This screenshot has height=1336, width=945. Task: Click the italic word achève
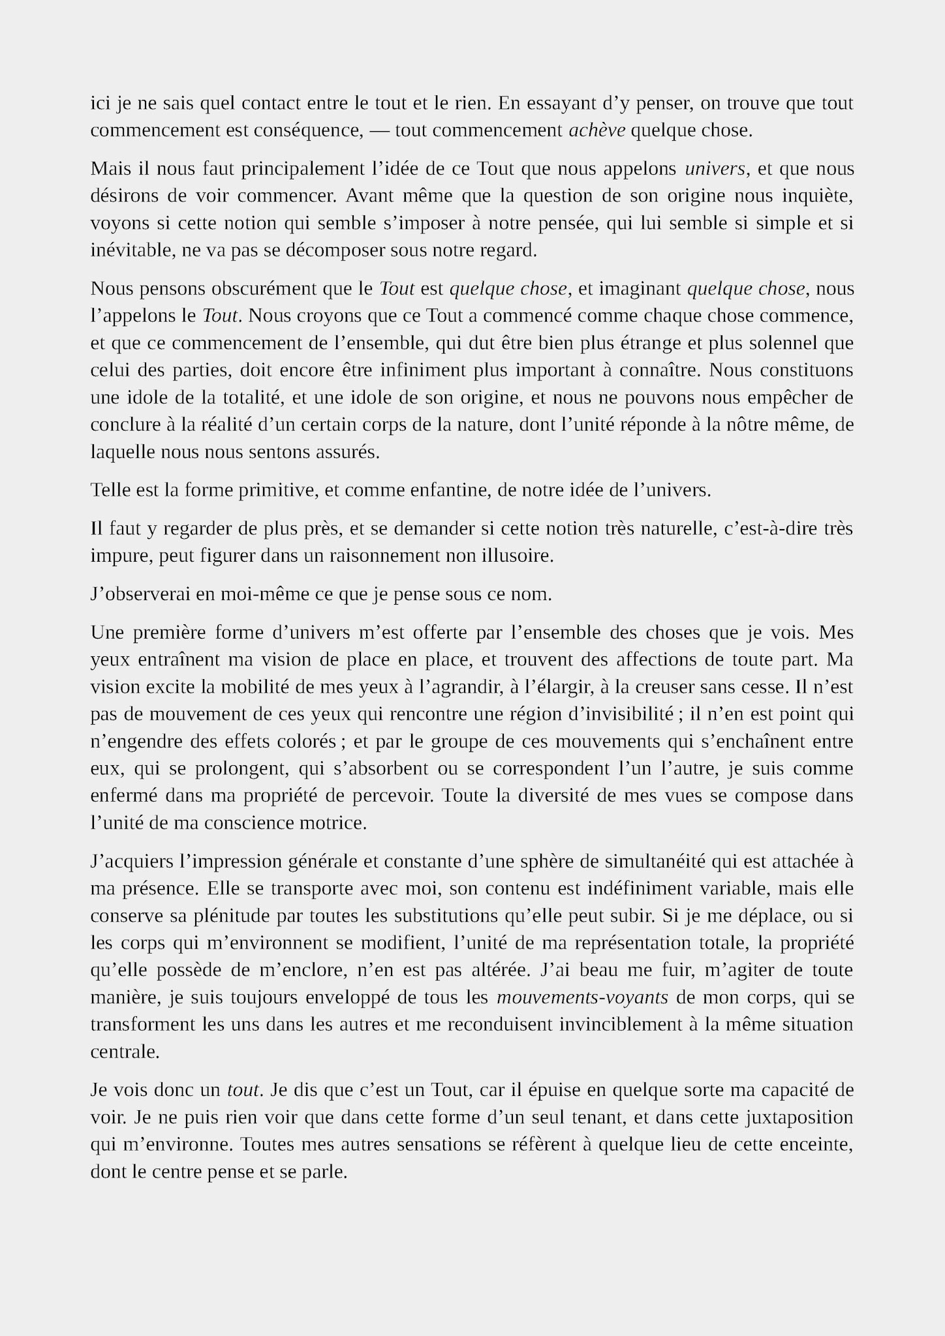(597, 130)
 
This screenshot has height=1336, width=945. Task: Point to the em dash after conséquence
(379, 130)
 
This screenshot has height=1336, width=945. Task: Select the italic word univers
(715, 169)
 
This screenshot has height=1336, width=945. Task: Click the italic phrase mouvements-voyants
(582, 997)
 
